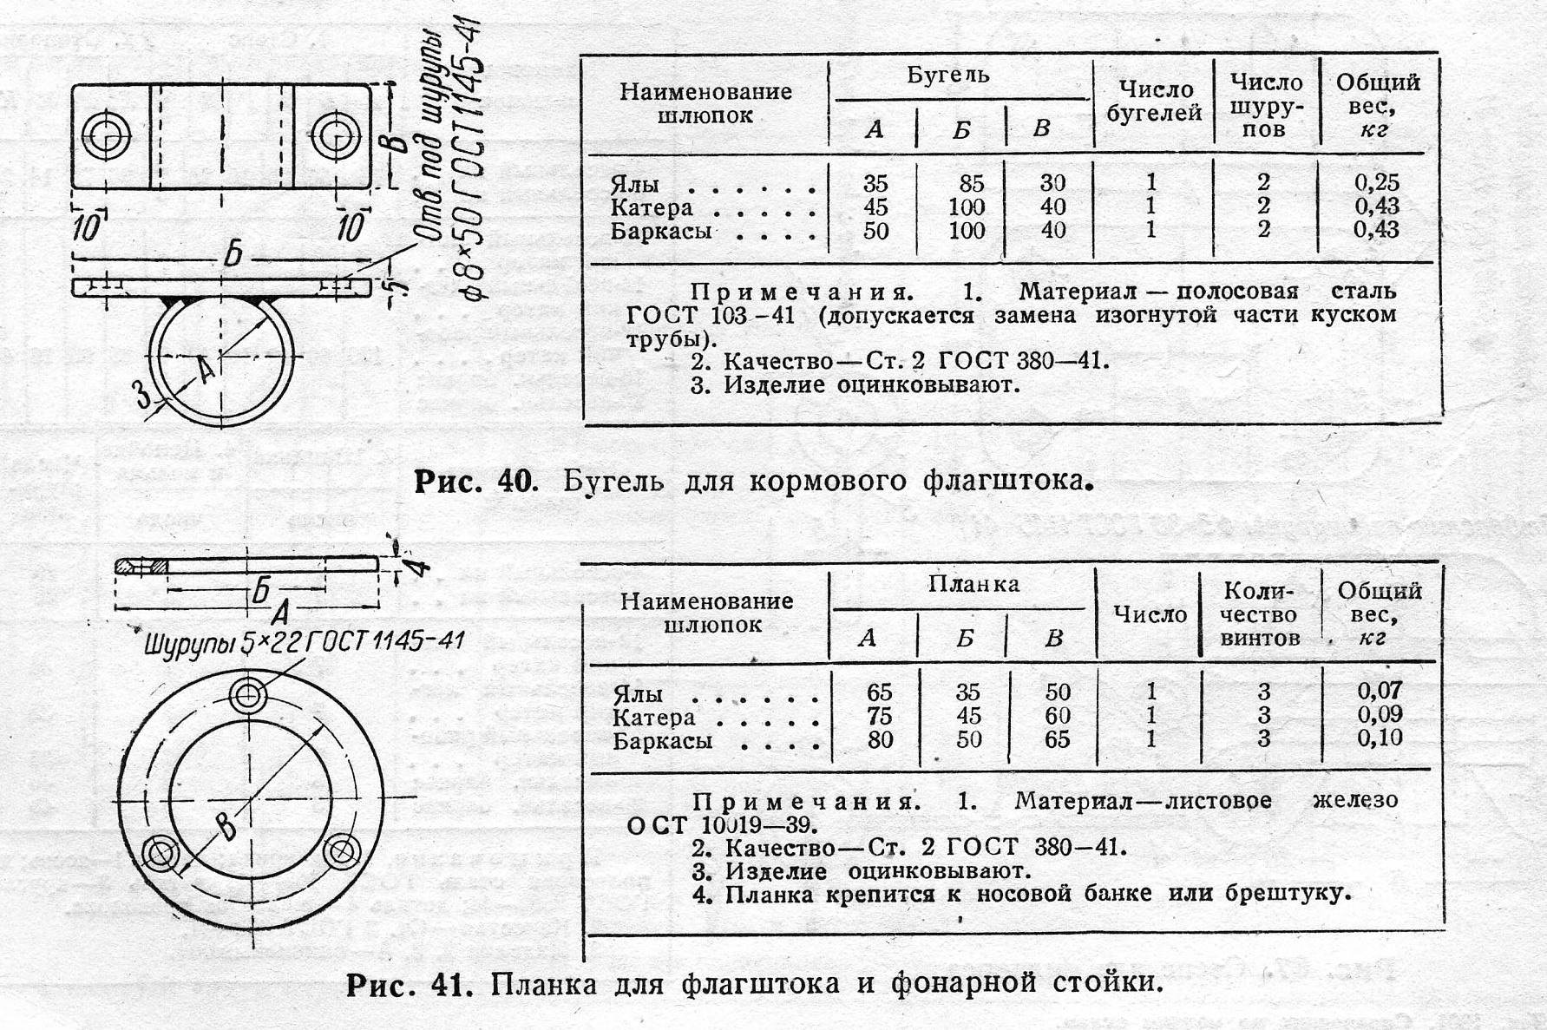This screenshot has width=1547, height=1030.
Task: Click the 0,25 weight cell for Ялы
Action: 1376,182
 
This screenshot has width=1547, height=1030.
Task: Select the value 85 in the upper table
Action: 971,183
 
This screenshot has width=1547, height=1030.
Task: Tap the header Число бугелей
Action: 1154,102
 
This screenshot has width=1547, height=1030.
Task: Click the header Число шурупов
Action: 1266,106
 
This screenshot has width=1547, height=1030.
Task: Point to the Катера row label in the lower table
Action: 653,718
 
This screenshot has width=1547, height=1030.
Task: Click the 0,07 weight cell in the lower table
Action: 1380,691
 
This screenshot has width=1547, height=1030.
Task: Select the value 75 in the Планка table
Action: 879,716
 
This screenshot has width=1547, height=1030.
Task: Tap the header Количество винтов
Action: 1260,614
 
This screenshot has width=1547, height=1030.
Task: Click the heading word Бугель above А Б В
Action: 947,75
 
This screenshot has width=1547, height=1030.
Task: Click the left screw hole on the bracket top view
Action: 107,136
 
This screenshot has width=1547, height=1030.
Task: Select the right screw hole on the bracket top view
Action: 335,136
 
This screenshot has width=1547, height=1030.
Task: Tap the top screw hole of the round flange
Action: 249,694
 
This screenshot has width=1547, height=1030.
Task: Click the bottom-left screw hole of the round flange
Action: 161,853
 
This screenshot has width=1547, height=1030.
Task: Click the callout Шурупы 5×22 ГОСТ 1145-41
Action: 304,642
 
